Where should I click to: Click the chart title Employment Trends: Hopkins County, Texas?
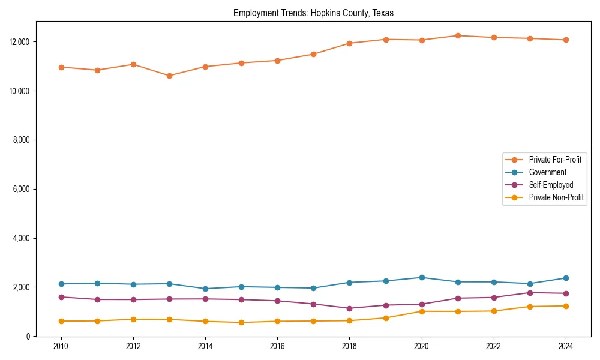point(313,13)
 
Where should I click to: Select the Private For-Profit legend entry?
point(555,160)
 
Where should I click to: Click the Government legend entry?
point(547,172)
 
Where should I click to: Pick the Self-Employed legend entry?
point(551,185)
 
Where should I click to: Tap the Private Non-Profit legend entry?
point(556,197)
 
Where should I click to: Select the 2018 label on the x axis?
point(349,346)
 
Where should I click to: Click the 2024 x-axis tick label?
point(565,346)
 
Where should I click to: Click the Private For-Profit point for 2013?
point(169,76)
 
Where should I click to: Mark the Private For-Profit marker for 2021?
point(458,35)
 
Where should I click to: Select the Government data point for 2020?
point(422,277)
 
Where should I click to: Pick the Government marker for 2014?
point(205,289)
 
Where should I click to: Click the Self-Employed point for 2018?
point(349,308)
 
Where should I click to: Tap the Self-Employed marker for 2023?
point(530,293)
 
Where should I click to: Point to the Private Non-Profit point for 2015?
point(241,322)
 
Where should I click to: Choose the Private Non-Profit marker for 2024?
point(566,306)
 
